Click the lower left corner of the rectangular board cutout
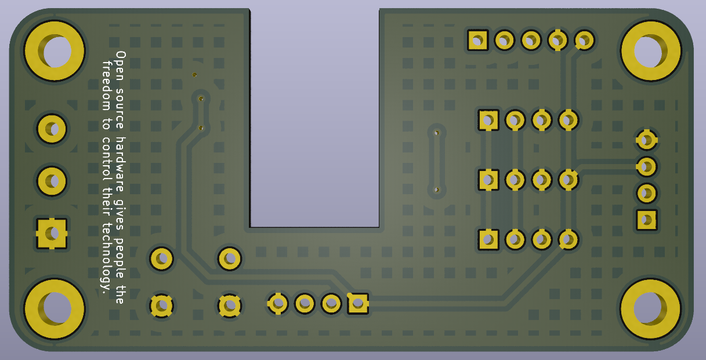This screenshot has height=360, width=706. (250, 227)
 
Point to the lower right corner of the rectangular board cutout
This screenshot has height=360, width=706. (379, 227)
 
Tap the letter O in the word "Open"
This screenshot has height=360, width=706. (121, 55)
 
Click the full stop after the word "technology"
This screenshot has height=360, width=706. (104, 293)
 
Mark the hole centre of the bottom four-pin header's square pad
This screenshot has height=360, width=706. (359, 303)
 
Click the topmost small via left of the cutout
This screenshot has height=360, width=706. (194, 75)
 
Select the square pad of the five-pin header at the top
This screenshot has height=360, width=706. (478, 41)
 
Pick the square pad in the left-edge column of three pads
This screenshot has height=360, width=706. (52, 234)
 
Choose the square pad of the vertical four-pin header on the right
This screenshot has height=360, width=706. (647, 220)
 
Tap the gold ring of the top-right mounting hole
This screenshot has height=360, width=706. (650, 50)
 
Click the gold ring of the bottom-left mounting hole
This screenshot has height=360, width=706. (55, 309)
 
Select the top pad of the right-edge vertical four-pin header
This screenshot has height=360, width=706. (647, 140)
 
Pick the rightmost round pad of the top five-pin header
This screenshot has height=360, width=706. (585, 41)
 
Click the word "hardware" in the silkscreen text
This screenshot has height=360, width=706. (120, 165)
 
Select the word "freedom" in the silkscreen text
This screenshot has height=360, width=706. (107, 86)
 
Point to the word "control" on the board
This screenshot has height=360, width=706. (107, 159)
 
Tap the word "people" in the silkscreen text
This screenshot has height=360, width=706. (120, 258)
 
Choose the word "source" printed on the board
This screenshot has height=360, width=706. (120, 109)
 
